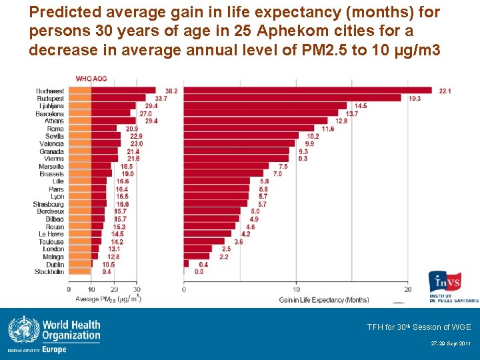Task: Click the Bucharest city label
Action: click(x=51, y=91)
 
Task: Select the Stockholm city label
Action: click(x=50, y=272)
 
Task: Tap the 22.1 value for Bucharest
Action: click(x=445, y=91)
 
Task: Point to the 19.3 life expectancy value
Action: click(x=414, y=98)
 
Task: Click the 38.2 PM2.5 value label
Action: click(x=171, y=91)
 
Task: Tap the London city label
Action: click(x=53, y=249)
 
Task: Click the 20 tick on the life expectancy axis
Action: click(x=408, y=289)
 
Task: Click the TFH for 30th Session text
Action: click(x=419, y=327)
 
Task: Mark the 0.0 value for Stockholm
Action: click(x=199, y=272)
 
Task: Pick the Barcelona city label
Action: click(x=50, y=113)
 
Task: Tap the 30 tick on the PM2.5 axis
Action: click(x=137, y=289)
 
